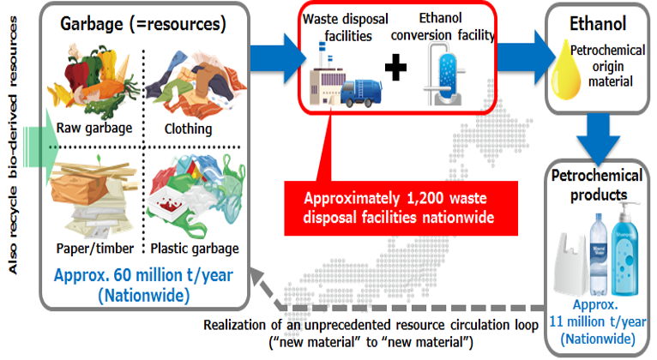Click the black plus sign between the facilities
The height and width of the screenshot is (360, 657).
coord(395,68)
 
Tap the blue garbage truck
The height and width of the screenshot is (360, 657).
coord(361,93)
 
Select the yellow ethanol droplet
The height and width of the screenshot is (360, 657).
coord(566,70)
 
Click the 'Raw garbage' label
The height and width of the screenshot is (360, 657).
coord(94,128)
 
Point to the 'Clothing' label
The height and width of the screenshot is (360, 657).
coord(188,129)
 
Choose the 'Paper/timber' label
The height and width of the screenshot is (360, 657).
coord(95,249)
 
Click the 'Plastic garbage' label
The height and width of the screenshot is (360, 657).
coord(195,249)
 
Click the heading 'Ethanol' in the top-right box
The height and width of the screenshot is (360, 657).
coord(598,24)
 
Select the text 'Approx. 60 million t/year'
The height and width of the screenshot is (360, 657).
coord(144,275)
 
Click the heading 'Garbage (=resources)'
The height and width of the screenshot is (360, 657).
coord(143,24)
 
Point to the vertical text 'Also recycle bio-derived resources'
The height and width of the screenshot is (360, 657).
coord(13,145)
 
